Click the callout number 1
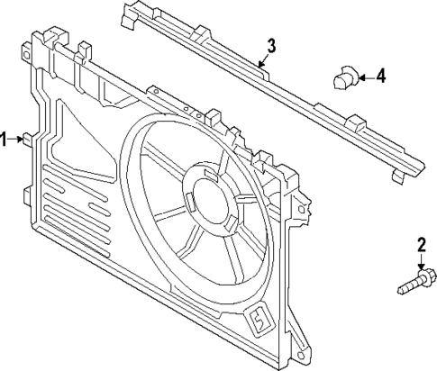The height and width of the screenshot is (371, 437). click(5, 139)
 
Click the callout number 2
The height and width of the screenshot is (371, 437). click(420, 244)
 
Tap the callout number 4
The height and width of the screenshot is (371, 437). click(380, 77)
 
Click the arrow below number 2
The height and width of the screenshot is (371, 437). click(420, 262)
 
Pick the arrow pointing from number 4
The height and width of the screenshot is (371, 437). click(363, 77)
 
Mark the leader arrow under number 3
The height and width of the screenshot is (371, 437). click(262, 62)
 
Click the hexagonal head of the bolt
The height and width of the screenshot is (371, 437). click(423, 279)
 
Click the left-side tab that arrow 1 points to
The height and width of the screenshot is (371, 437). click(30, 139)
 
